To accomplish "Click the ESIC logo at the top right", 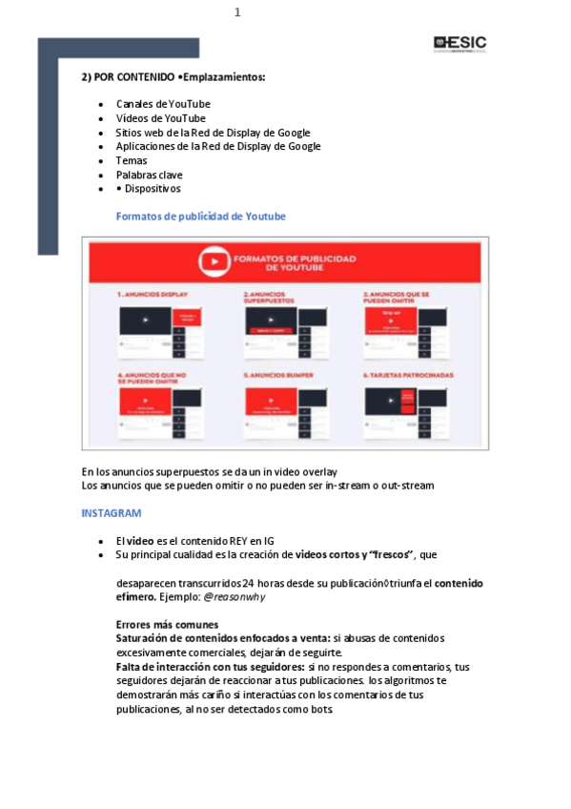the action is click(x=459, y=43).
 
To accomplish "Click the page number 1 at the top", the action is click(x=237, y=12).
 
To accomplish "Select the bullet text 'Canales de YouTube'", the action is click(x=163, y=104).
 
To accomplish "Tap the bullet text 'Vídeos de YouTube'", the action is click(x=160, y=118).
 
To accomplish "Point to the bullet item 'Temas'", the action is click(x=132, y=160).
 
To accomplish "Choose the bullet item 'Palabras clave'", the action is click(x=149, y=175).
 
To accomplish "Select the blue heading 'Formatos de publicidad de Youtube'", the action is click(x=200, y=217).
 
